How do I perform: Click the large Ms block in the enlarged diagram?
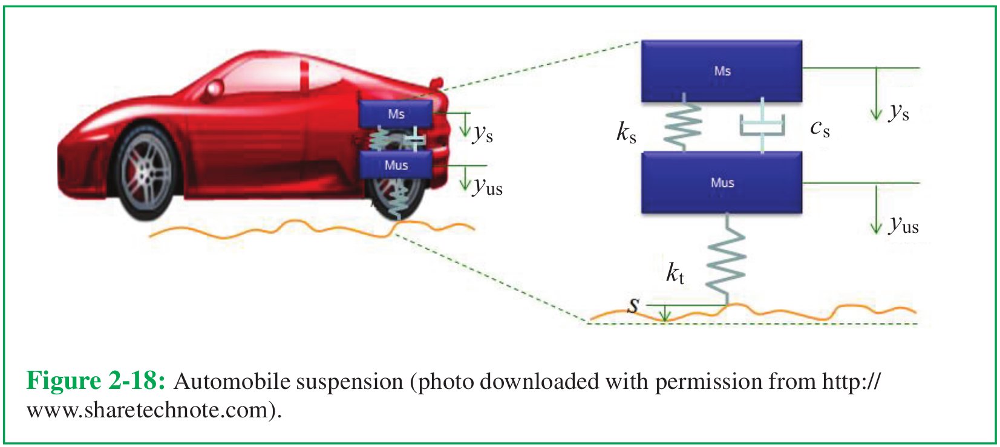(x=722, y=71)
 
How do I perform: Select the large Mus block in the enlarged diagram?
(x=722, y=183)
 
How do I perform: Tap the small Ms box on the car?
(x=396, y=114)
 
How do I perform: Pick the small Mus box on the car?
(x=396, y=165)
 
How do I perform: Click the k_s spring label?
(x=626, y=132)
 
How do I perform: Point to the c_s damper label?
(x=820, y=129)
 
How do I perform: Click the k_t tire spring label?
(x=675, y=273)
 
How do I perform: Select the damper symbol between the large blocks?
(x=762, y=125)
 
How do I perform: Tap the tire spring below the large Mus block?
(x=727, y=259)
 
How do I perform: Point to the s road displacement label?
(x=633, y=305)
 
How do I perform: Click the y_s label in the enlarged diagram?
(x=898, y=112)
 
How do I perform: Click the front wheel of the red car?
(x=145, y=172)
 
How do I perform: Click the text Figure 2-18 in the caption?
(x=96, y=381)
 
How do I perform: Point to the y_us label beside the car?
(x=488, y=187)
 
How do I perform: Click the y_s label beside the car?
(x=483, y=134)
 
